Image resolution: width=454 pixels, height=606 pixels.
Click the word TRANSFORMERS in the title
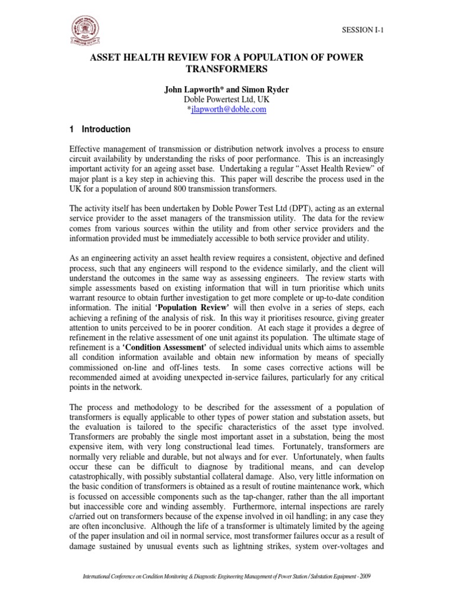click(226, 69)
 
